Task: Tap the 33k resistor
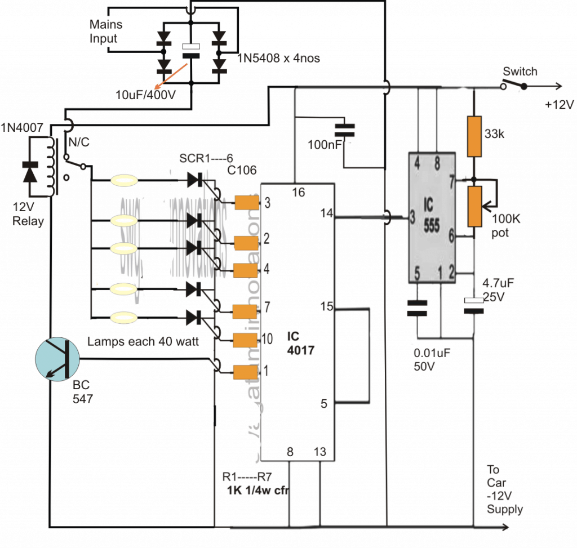(x=474, y=136)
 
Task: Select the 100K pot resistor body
(x=474, y=206)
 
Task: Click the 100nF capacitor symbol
(x=345, y=130)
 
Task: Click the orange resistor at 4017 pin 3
(x=246, y=202)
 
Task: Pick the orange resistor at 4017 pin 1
(x=246, y=372)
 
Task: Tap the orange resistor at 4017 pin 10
(x=246, y=340)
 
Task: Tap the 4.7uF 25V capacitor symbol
(x=474, y=305)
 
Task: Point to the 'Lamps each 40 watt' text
(x=143, y=341)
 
